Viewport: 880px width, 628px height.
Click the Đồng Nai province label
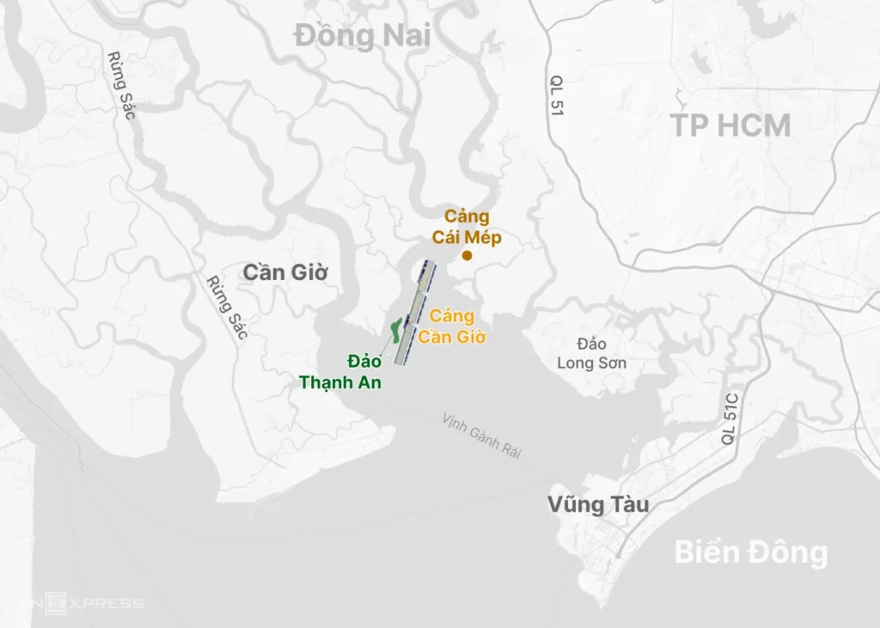click(x=361, y=36)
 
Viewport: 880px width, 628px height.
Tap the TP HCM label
click(x=730, y=125)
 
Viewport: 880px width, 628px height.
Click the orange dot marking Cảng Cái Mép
click(x=467, y=255)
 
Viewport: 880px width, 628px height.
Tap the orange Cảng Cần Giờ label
click(x=452, y=326)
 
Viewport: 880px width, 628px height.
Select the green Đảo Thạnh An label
click(x=340, y=371)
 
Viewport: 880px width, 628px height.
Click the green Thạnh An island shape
click(x=396, y=331)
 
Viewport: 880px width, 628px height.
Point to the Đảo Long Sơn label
click(x=591, y=353)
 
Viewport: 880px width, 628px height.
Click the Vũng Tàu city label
click(x=598, y=504)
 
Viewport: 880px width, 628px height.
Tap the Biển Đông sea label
click(x=750, y=552)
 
